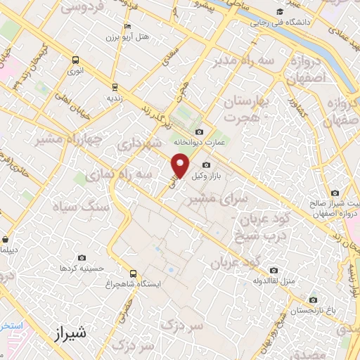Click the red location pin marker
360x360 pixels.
[x=181, y=166]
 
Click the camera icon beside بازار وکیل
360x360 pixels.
[x=205, y=165]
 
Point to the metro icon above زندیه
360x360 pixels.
[x=114, y=87]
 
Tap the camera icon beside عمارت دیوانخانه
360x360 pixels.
[x=200, y=131]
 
